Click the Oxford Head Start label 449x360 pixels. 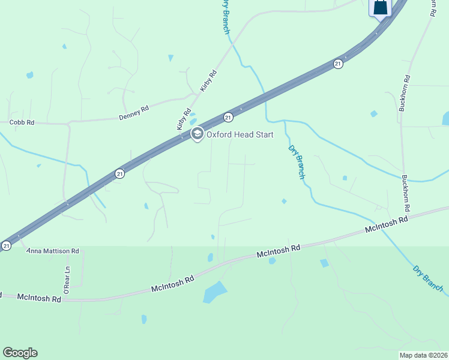point(240,134)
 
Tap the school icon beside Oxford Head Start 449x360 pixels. point(197,134)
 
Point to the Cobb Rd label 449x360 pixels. point(22,122)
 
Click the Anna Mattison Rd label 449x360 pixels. point(53,251)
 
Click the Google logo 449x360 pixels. point(20,353)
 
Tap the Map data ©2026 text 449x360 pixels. point(423,355)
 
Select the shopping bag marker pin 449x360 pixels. point(380,8)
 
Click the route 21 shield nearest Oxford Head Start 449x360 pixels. point(228,116)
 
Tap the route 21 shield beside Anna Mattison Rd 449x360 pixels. point(7,245)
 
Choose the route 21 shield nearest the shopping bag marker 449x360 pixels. point(338,64)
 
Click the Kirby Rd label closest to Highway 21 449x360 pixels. point(183,119)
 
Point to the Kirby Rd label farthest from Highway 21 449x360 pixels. point(208,80)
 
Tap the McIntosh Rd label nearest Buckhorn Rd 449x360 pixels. point(387,226)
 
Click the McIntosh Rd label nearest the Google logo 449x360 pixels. point(39,298)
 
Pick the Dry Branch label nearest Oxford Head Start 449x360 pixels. point(297,162)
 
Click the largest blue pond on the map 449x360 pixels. point(214,292)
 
